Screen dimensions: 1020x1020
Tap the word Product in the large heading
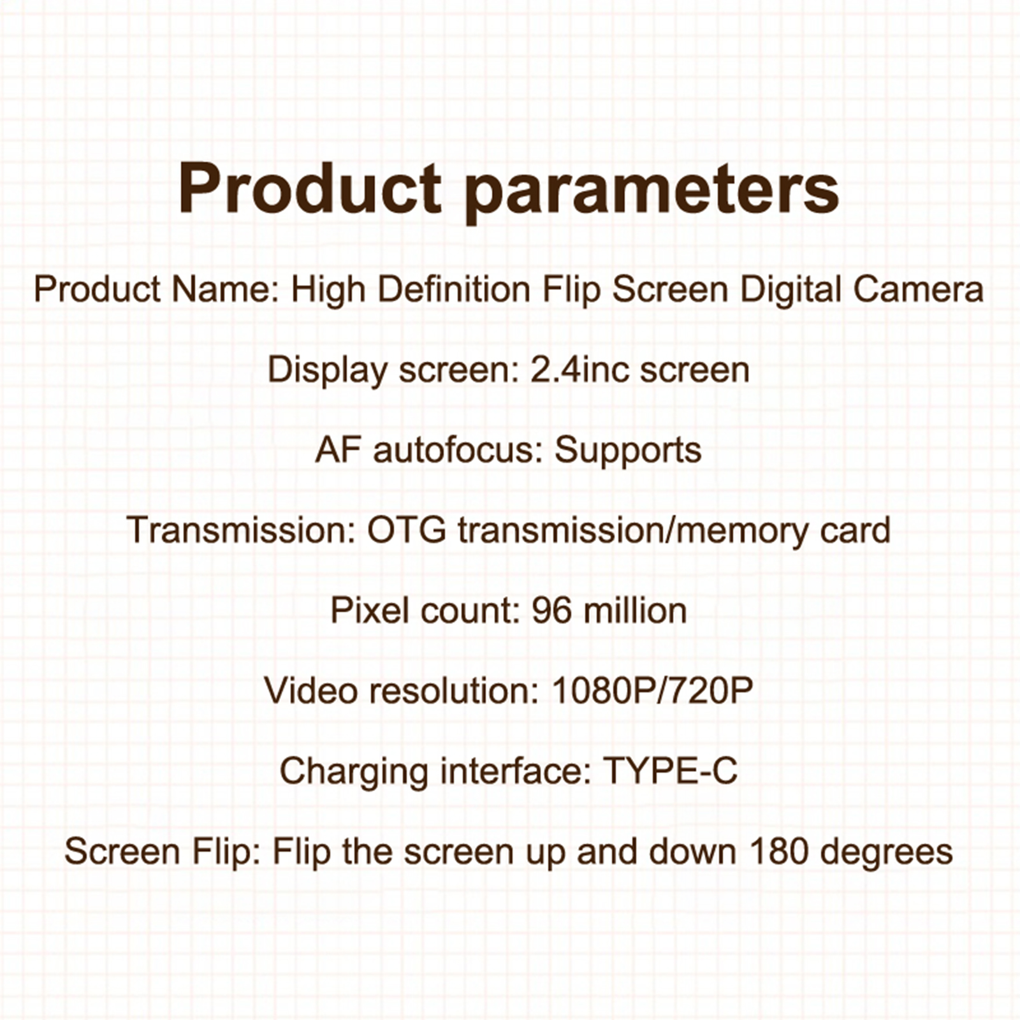[x=310, y=187]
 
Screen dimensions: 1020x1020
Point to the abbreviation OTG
[x=407, y=530]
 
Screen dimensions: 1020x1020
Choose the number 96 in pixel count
[x=552, y=611]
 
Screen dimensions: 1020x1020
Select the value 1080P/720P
[x=652, y=690]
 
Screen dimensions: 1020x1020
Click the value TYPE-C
[x=670, y=771]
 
